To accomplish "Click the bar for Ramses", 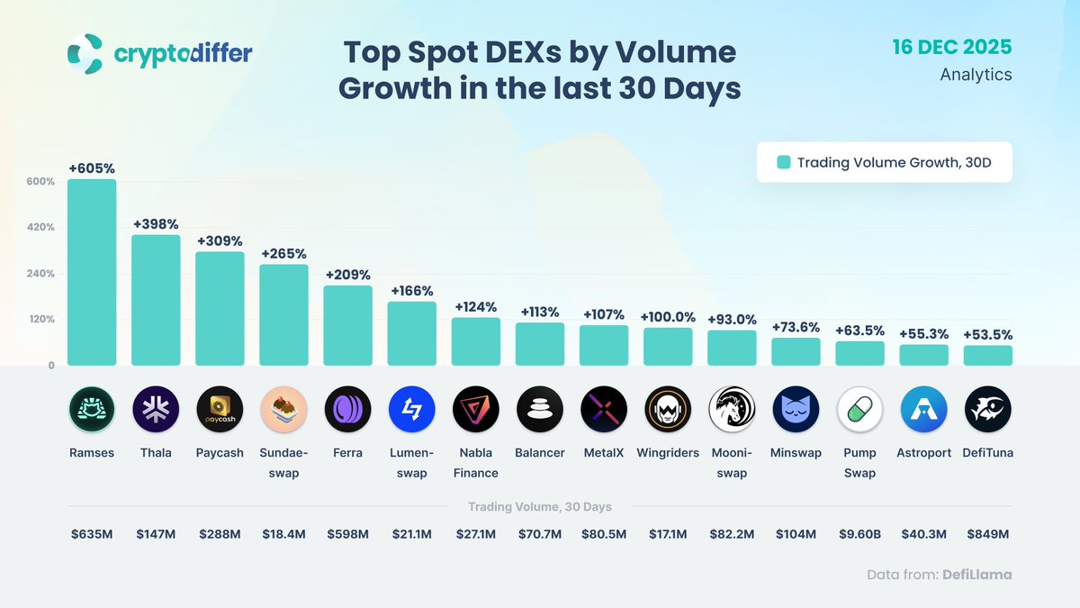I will point(92,272).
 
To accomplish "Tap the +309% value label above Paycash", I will point(220,240).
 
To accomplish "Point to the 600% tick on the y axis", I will point(40,181).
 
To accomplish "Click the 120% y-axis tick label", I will point(40,319).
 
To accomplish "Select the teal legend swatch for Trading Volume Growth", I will point(784,162).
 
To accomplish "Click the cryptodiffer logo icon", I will point(85,53).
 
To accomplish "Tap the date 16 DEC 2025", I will point(952,47).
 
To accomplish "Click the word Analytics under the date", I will point(976,75).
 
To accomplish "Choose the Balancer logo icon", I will point(540,410).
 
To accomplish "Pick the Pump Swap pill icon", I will point(859,410).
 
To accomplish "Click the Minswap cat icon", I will point(796,410).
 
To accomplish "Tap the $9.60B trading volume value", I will point(859,534).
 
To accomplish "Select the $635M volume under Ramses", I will point(92,534).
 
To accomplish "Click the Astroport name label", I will point(923,453).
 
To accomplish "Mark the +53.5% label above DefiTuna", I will point(987,334).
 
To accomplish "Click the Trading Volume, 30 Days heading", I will point(540,507).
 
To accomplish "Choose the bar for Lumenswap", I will point(411,333).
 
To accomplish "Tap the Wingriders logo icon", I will point(668,410).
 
